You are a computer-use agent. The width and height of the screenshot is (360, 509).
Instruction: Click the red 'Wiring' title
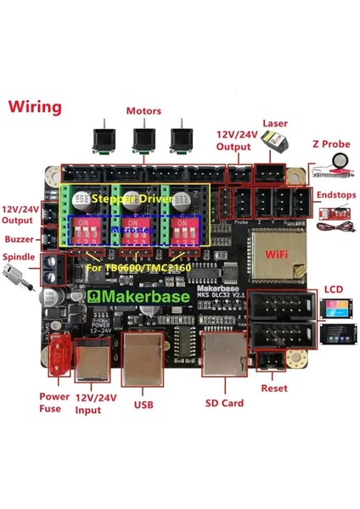[x=35, y=108]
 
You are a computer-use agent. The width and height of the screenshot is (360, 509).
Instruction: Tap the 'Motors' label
[x=143, y=111]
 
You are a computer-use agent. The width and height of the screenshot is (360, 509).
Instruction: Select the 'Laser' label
[x=276, y=124]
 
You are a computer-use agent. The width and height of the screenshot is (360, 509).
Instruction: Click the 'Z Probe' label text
[x=332, y=144]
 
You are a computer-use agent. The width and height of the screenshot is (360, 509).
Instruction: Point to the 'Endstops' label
[x=332, y=193]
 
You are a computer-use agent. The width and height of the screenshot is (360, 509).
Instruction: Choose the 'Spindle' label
[x=19, y=256]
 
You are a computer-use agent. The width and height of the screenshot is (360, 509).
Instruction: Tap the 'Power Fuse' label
[x=53, y=401]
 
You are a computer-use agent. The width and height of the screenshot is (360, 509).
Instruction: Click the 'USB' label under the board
[x=143, y=405]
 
